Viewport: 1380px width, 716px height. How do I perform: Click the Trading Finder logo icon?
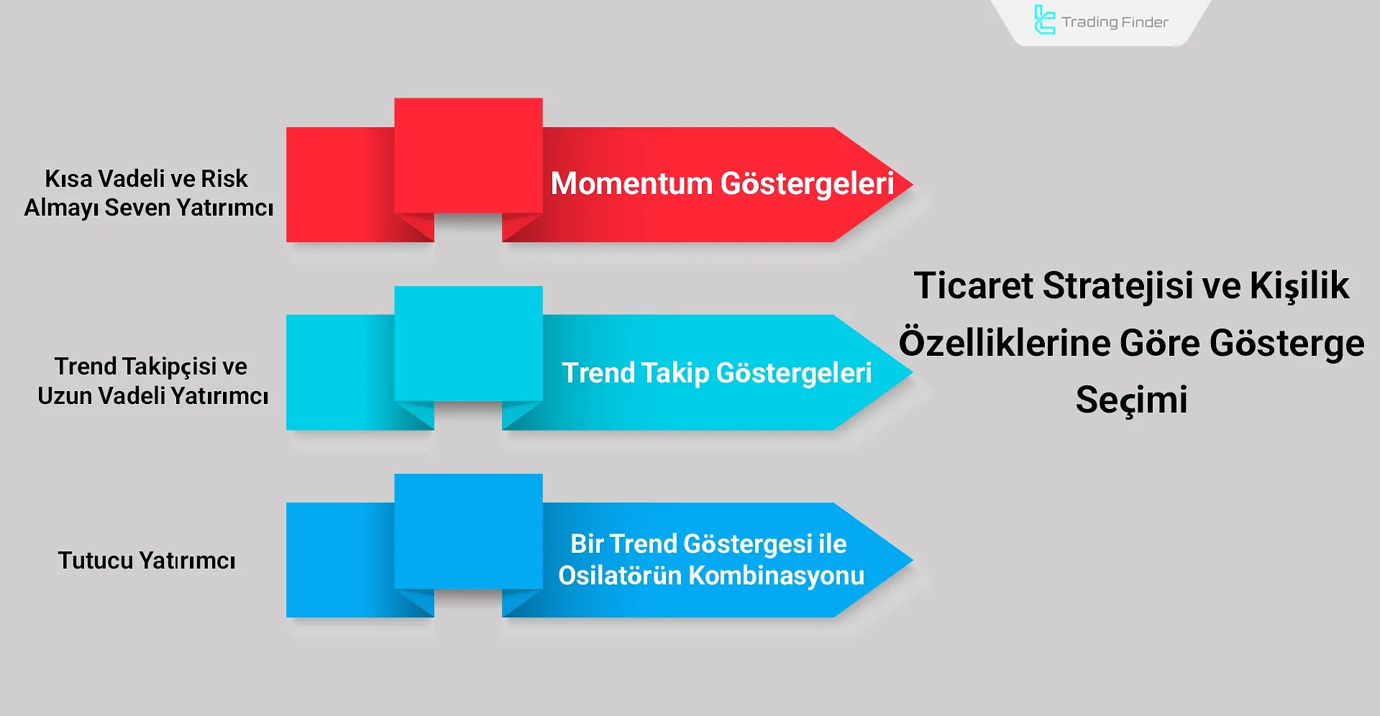pyautogui.click(x=1043, y=19)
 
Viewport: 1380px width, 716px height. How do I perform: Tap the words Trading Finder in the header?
pyautogui.click(x=1115, y=22)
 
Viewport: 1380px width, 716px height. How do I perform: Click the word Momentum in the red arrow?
pyautogui.click(x=631, y=183)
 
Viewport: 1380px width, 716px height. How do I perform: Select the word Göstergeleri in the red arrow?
pyautogui.click(x=807, y=184)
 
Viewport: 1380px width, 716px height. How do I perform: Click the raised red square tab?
pyautogui.click(x=468, y=155)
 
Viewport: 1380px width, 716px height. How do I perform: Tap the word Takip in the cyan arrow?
pyautogui.click(x=674, y=373)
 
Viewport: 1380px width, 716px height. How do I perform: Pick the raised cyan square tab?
pyautogui.click(x=468, y=344)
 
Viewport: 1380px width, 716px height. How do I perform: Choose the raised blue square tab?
pyautogui.click(x=468, y=531)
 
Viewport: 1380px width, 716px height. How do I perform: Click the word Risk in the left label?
pyautogui.click(x=224, y=178)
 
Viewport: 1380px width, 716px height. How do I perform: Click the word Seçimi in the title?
pyautogui.click(x=1131, y=400)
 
